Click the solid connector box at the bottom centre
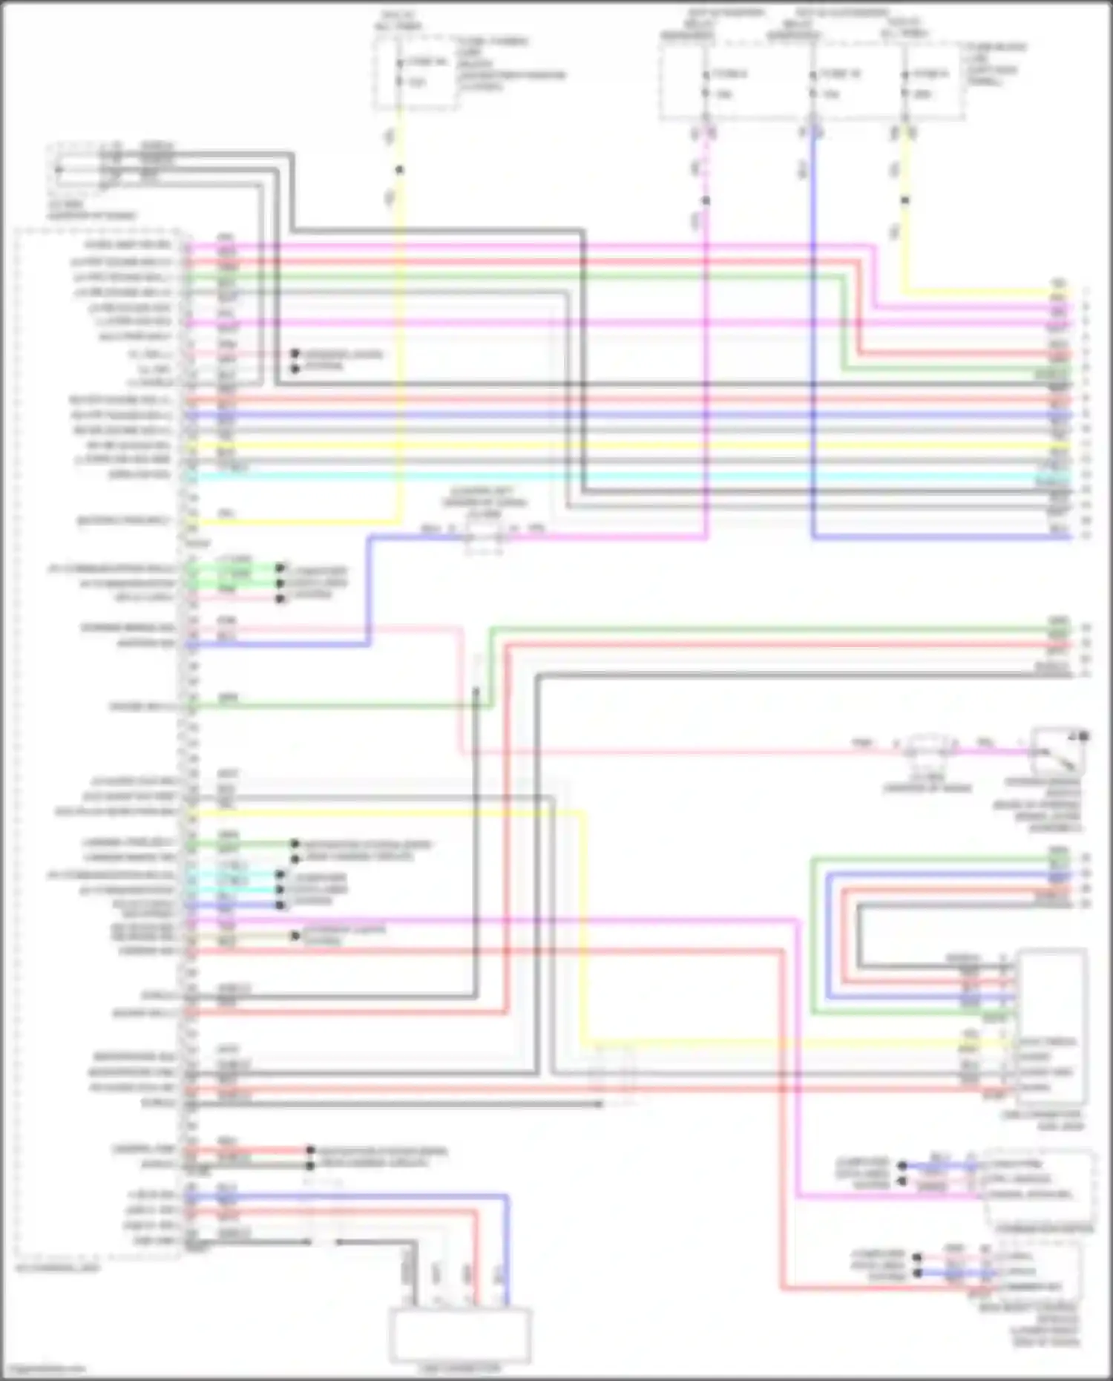[459, 1335]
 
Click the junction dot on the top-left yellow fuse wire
[399, 170]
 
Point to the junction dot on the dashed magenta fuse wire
[706, 200]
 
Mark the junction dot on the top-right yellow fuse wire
[904, 200]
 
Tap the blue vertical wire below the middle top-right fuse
[814, 334]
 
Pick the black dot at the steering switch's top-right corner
[1083, 736]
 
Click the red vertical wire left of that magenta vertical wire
[782, 1113]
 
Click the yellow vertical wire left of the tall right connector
[584, 928]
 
